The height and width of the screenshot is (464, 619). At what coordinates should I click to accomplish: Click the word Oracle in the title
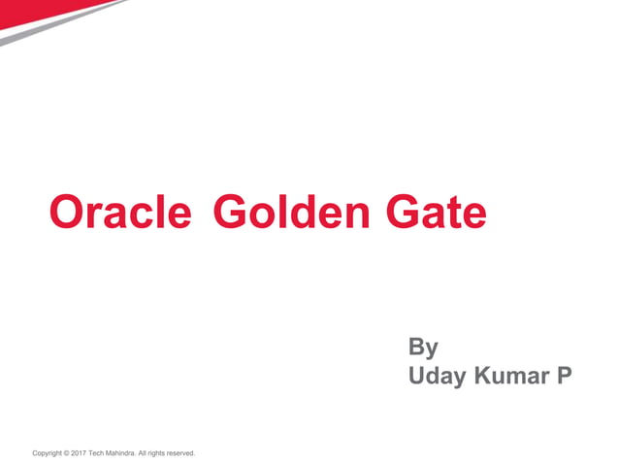pos(120,212)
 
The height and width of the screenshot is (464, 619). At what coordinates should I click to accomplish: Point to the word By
pos(423,348)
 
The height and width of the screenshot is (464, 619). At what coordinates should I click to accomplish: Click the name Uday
pos(438,375)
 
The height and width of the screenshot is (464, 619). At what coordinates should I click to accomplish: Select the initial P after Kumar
pos(564,375)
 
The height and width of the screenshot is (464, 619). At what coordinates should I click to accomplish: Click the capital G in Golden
pos(227,212)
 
